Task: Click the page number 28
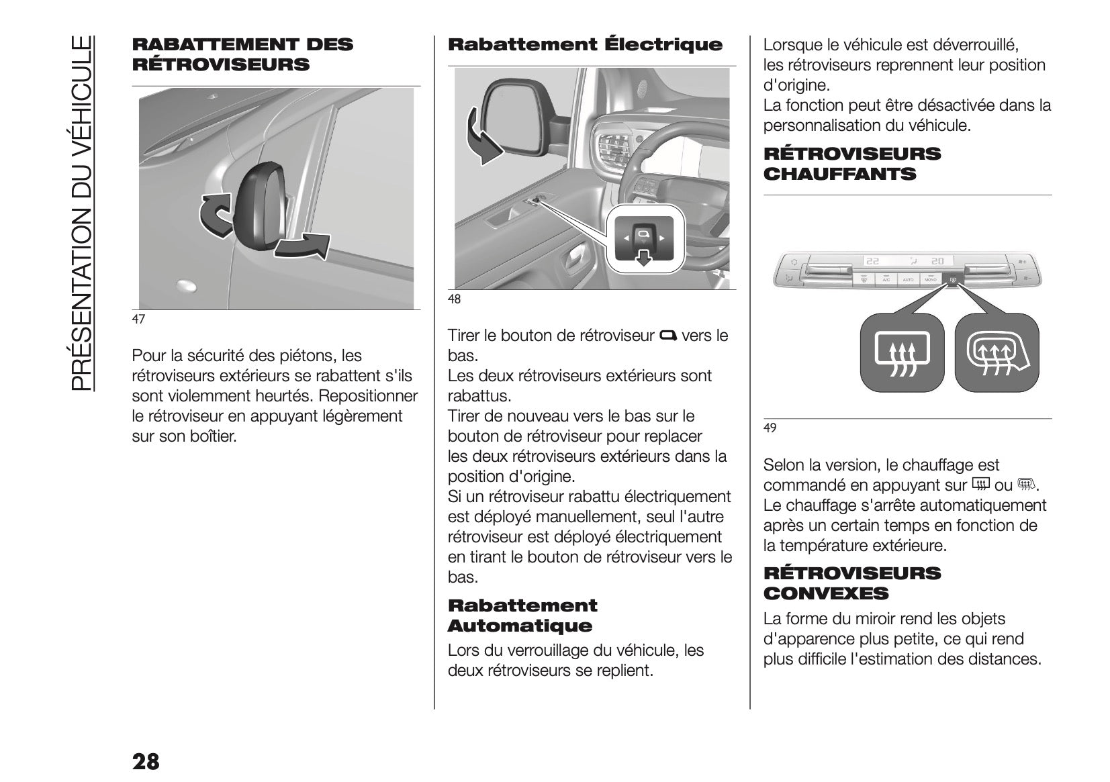click(146, 762)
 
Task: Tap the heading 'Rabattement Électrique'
click(585, 45)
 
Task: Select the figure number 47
click(138, 320)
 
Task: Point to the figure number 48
click(455, 299)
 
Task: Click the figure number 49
click(770, 428)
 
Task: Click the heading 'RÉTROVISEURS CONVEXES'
click(852, 583)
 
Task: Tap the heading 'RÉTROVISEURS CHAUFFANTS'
click(852, 164)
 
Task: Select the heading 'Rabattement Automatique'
click(522, 616)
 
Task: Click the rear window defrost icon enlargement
click(902, 353)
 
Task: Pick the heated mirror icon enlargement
click(997, 353)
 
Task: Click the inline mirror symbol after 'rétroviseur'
click(668, 335)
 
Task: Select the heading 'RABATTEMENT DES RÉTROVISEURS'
click(242, 54)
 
